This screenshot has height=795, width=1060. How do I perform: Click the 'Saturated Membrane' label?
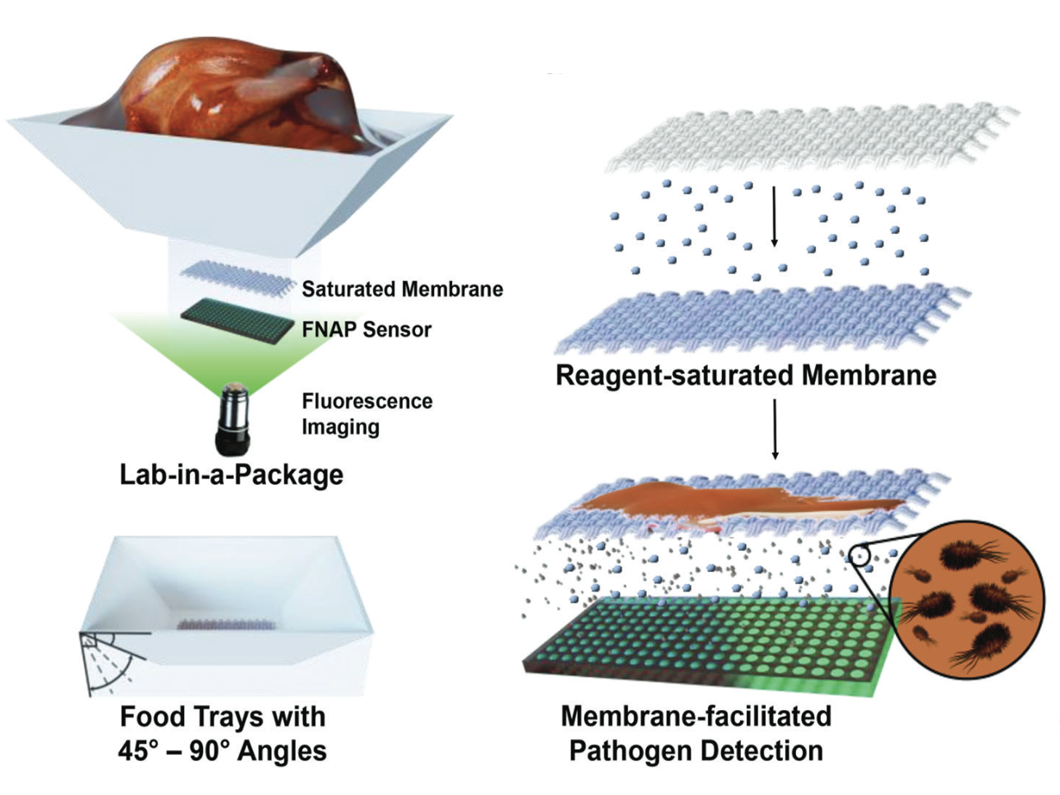402,289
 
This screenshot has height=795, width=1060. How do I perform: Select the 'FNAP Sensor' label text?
366,330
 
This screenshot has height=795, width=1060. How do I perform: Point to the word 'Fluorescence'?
367,401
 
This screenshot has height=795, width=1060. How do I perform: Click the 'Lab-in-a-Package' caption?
231,475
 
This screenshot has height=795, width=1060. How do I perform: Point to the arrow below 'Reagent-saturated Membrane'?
775,429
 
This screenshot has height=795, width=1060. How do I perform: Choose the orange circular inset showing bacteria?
967,600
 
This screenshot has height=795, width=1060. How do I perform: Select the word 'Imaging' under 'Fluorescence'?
340,427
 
